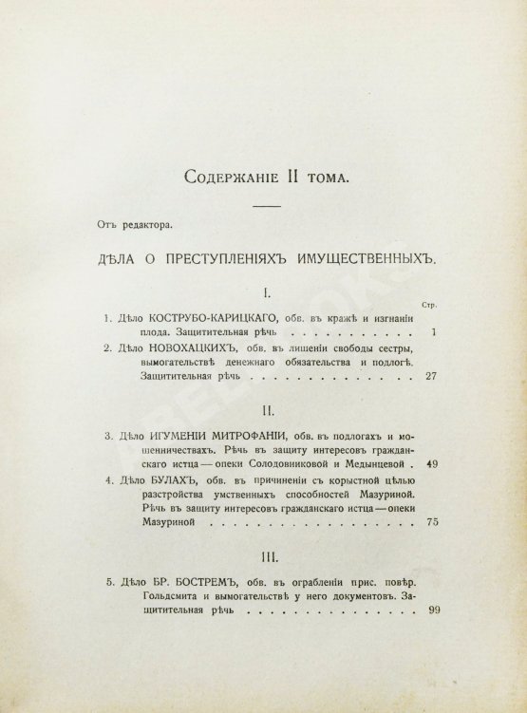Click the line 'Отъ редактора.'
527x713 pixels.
(146, 225)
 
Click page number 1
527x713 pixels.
(432, 333)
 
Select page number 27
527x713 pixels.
(428, 377)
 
